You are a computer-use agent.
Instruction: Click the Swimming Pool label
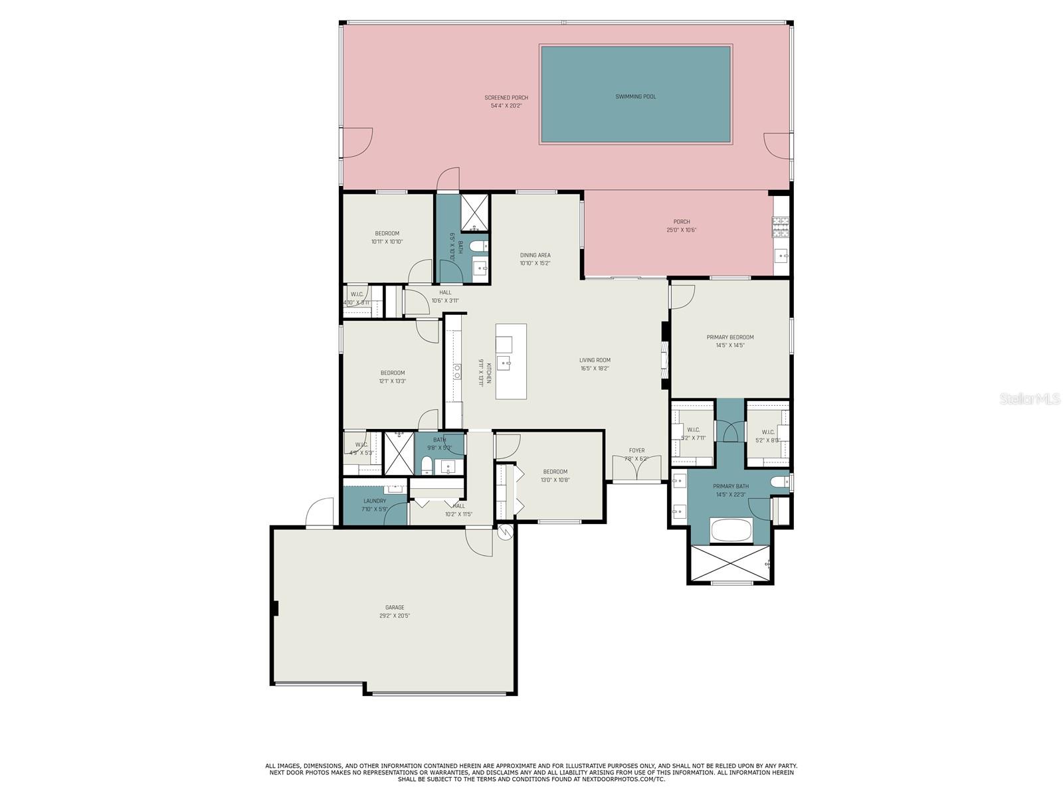pos(635,97)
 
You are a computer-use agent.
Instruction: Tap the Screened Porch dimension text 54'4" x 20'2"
pos(506,106)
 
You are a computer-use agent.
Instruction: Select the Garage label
pos(395,607)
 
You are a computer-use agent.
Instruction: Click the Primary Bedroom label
pos(729,337)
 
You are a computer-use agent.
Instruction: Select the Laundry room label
pos(375,501)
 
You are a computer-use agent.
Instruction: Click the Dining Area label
pos(535,255)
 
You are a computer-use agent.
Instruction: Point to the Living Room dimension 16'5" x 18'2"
pos(595,368)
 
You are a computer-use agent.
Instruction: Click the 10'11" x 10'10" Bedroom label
pos(387,233)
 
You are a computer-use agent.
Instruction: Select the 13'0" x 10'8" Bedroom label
pos(555,472)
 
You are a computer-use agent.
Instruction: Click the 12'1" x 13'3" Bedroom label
pos(392,373)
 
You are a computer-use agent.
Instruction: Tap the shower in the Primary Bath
pos(731,563)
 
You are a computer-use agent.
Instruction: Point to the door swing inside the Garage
pos(478,541)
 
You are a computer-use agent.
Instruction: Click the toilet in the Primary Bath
pos(778,482)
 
